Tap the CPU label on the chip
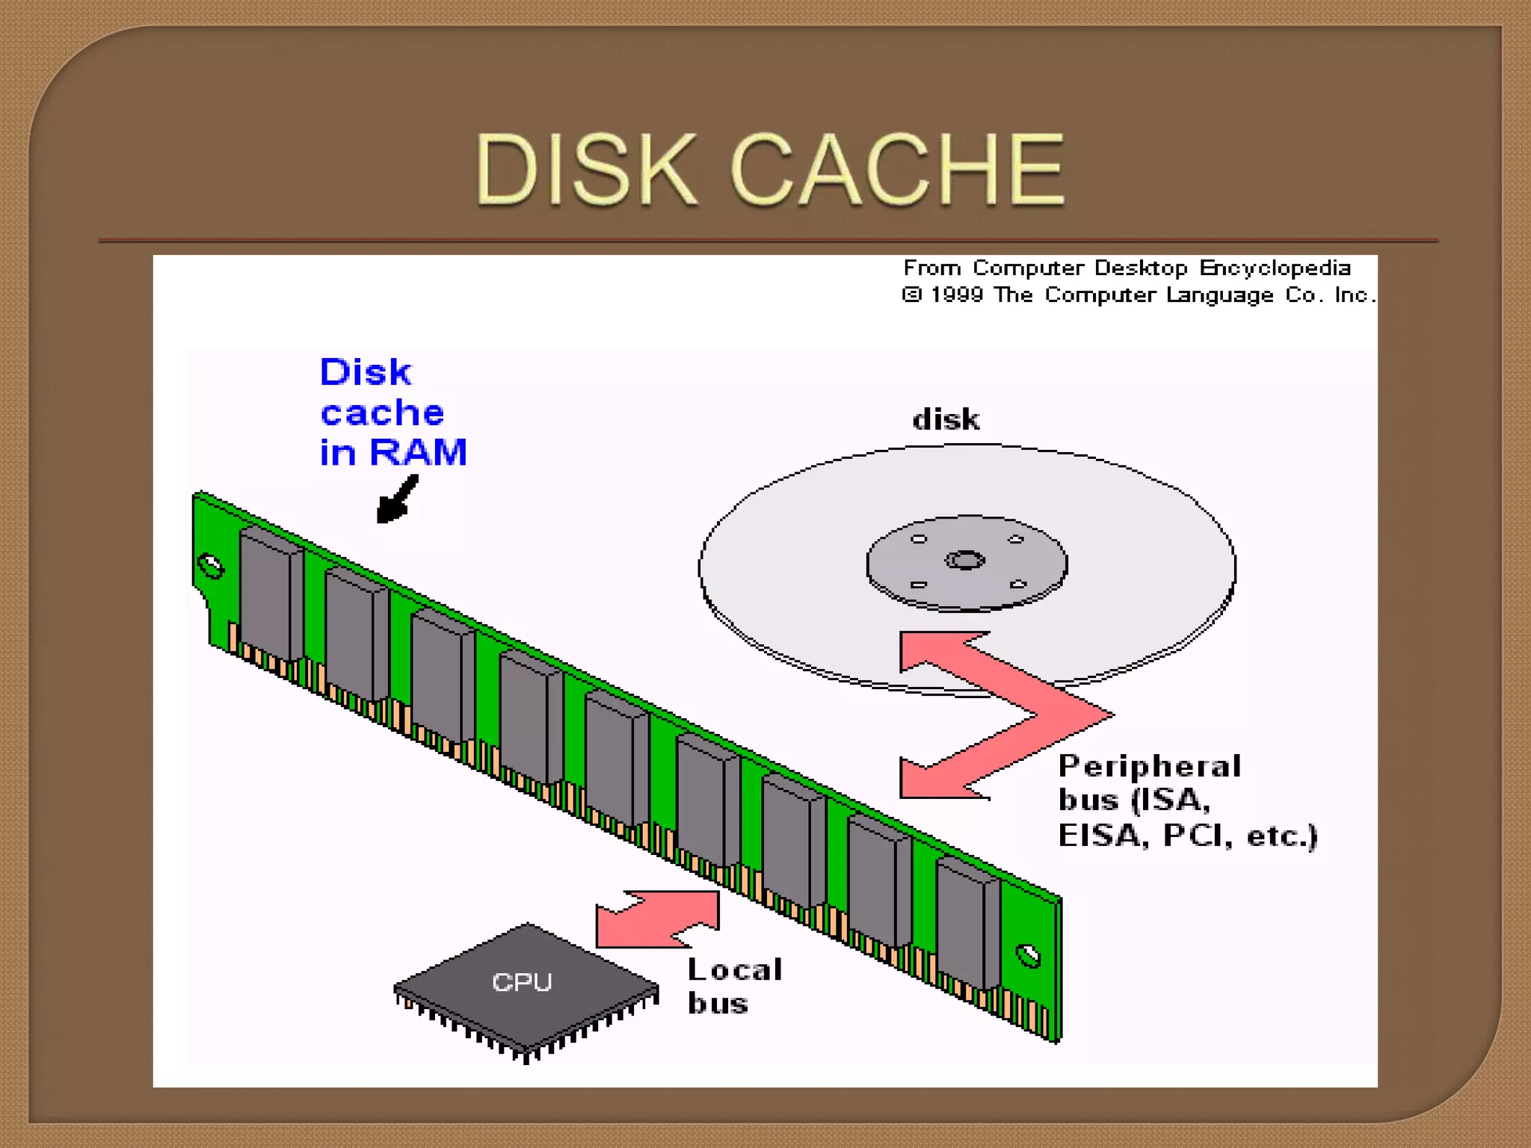(x=522, y=982)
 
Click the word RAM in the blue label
(x=418, y=452)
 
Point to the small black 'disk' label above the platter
(x=946, y=420)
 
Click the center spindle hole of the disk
(x=965, y=560)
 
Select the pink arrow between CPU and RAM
(x=658, y=919)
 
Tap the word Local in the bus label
(x=735, y=970)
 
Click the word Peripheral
(x=1150, y=767)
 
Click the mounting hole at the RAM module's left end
(x=210, y=567)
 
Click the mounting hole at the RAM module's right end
(x=1029, y=956)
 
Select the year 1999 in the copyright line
(x=956, y=295)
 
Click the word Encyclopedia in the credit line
(x=1275, y=268)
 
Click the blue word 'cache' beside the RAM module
(x=382, y=413)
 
